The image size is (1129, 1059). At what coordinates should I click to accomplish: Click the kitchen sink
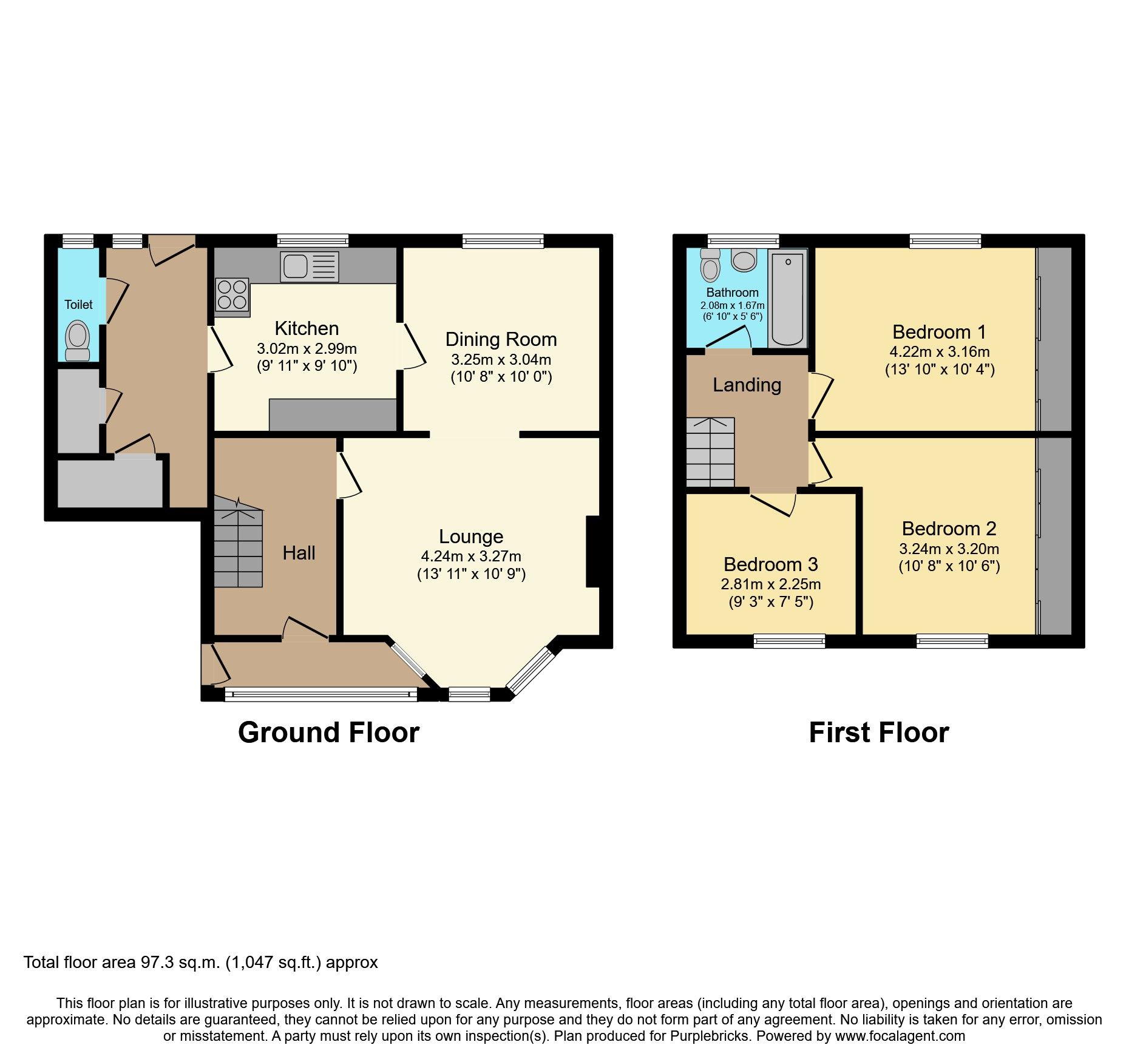[x=309, y=266]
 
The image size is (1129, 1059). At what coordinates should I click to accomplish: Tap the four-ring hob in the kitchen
[x=232, y=295]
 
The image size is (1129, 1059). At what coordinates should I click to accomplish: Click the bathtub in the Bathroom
[x=787, y=299]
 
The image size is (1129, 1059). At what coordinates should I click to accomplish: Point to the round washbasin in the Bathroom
[x=744, y=260]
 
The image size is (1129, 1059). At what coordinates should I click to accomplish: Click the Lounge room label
[x=471, y=536]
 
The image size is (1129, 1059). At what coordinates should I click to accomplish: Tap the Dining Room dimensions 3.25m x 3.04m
[x=501, y=359]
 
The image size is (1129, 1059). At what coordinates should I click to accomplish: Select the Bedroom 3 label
[x=770, y=564]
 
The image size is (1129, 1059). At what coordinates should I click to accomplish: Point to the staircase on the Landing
[x=710, y=452]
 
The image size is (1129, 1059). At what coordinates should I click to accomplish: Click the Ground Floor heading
[x=328, y=733]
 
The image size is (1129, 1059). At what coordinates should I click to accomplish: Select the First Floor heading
[x=878, y=733]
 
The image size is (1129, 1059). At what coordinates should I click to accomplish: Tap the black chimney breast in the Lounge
[x=593, y=551]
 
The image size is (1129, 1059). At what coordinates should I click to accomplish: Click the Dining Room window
[x=503, y=242]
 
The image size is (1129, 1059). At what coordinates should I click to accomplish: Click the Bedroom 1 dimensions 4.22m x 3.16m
[x=939, y=351]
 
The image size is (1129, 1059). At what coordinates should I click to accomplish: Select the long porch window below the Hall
[x=320, y=695]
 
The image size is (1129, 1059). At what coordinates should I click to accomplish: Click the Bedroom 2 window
[x=952, y=641]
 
